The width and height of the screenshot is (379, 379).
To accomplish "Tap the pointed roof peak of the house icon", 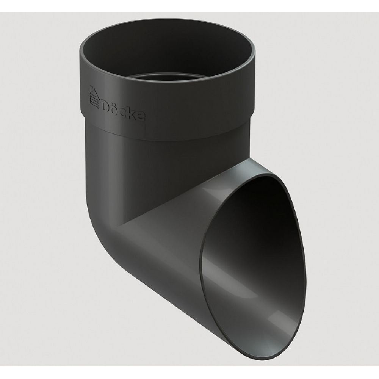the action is click(x=92, y=86).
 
